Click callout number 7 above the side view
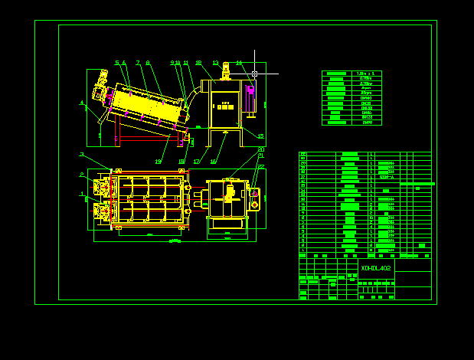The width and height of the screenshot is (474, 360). [x=138, y=63]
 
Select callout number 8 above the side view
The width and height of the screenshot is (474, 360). [x=148, y=63]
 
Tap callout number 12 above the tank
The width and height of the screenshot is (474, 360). [x=198, y=63]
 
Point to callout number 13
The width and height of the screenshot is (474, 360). [x=216, y=63]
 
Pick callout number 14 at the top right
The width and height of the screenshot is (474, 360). [x=239, y=63]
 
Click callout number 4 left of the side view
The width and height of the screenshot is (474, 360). [x=81, y=102]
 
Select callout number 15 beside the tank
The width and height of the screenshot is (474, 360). [x=260, y=136]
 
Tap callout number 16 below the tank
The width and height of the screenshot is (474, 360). [x=213, y=162]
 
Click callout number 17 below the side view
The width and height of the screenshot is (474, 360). [x=196, y=162]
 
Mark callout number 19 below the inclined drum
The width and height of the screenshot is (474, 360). [x=158, y=162]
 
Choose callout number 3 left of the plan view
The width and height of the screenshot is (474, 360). [x=81, y=155]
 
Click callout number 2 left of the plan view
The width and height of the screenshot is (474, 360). [x=81, y=175]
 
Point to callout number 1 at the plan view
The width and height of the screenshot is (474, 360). [x=81, y=194]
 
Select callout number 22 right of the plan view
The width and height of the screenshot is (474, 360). [x=261, y=166]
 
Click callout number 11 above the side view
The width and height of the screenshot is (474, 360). [x=186, y=63]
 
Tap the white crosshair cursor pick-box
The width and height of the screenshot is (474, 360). [x=255, y=74]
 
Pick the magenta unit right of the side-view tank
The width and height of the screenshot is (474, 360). [x=251, y=99]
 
